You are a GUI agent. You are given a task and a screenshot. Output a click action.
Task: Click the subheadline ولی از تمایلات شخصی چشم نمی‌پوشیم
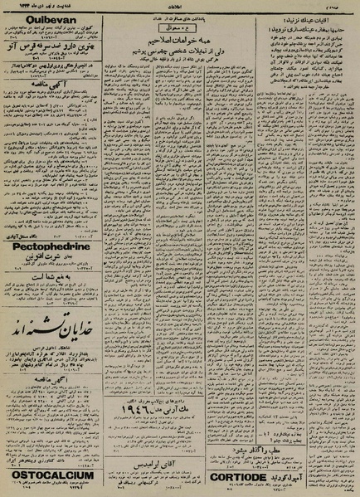(x=178, y=50)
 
